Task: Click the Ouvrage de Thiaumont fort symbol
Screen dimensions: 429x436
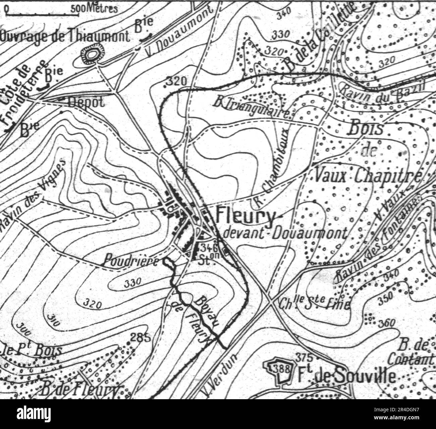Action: (x=91, y=55)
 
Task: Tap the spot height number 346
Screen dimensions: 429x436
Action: (x=209, y=248)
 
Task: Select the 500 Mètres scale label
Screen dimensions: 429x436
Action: (x=94, y=8)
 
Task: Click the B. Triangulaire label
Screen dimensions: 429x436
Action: (x=252, y=108)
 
